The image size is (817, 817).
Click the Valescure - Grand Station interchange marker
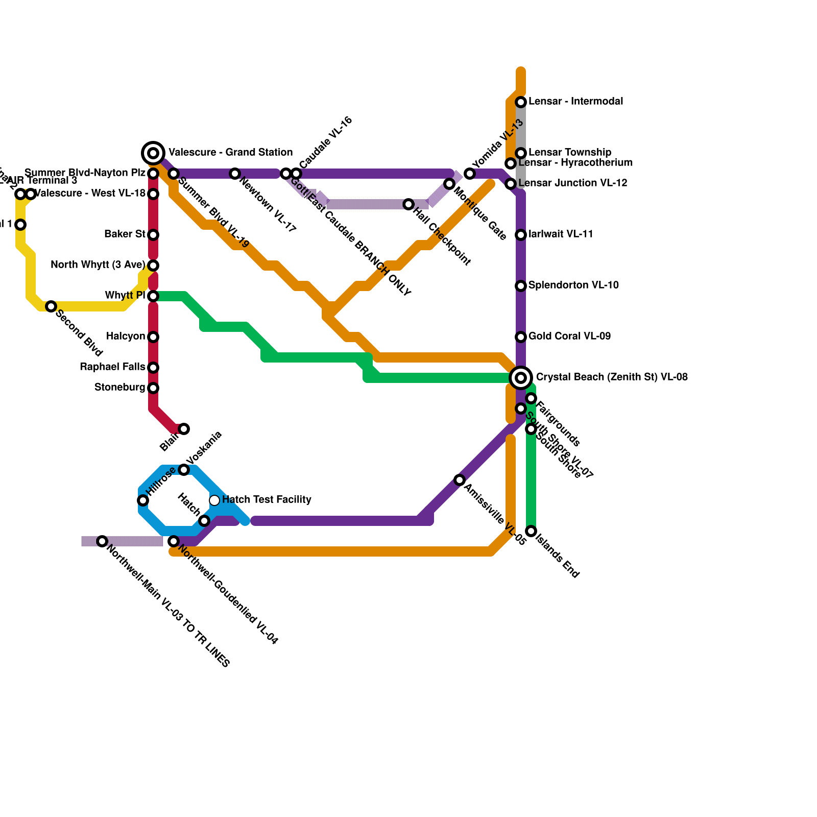153,153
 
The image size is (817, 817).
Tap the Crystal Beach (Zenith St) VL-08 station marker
521,377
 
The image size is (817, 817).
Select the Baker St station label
125,234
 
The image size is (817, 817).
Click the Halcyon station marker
153,337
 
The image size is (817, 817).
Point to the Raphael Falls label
112,367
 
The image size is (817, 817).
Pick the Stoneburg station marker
153,388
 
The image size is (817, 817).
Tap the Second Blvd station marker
51,306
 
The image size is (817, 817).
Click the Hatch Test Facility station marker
214,500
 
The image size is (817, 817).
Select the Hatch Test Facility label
267,499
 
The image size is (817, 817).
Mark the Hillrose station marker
143,500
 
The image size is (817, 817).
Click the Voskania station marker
184,470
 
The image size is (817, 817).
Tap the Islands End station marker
531,531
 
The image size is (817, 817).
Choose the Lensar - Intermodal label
575,102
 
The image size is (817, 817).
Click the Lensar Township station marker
521,153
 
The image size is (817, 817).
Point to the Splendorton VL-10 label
573,285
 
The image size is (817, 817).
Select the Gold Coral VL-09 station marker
521,337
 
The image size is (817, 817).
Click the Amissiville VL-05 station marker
460,480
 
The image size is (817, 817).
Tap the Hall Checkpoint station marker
408,204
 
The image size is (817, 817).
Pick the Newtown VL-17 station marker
235,174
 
